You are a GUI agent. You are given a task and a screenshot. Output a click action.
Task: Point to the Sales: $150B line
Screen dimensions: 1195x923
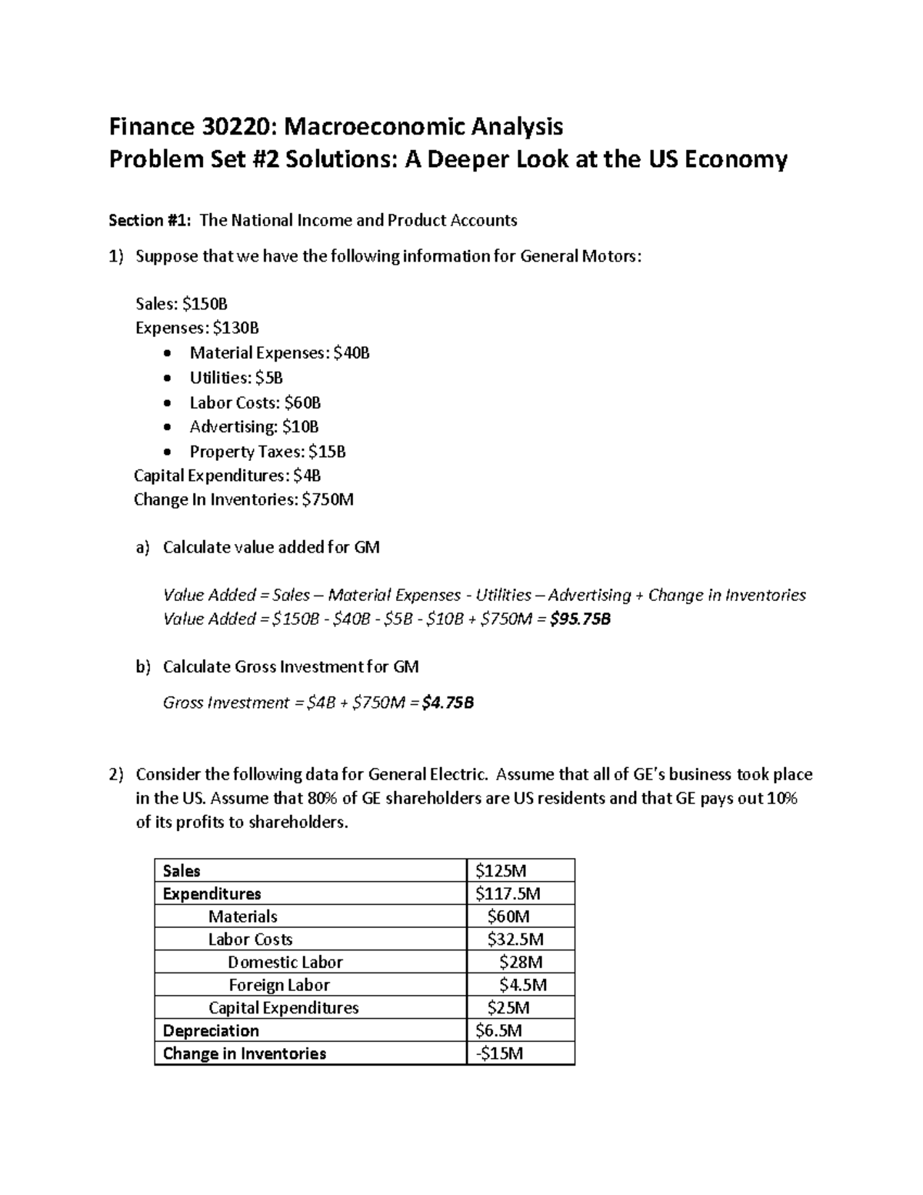(x=182, y=304)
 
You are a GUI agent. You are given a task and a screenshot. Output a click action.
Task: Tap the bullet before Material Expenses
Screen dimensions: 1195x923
(x=168, y=354)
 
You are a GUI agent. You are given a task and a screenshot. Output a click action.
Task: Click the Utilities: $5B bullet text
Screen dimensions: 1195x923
(x=236, y=378)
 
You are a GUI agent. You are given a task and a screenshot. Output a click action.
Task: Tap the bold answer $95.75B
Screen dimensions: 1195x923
(x=581, y=619)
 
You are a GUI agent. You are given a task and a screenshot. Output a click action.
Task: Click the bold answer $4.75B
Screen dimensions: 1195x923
(x=448, y=703)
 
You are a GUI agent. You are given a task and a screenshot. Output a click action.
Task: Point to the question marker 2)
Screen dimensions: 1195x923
(x=115, y=774)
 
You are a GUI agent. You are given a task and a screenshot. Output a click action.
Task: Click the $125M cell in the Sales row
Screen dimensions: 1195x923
(x=500, y=871)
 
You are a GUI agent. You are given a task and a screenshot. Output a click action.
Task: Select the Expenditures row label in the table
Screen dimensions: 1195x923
(x=212, y=894)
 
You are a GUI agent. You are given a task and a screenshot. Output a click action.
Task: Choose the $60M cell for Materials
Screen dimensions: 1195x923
(x=508, y=916)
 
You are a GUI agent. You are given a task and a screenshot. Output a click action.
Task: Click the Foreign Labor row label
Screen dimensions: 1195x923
(x=278, y=985)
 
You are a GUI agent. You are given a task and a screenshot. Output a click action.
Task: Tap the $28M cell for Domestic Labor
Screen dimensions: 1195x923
(x=520, y=962)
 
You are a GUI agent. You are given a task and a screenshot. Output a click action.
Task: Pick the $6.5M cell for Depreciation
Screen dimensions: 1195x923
(x=498, y=1031)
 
